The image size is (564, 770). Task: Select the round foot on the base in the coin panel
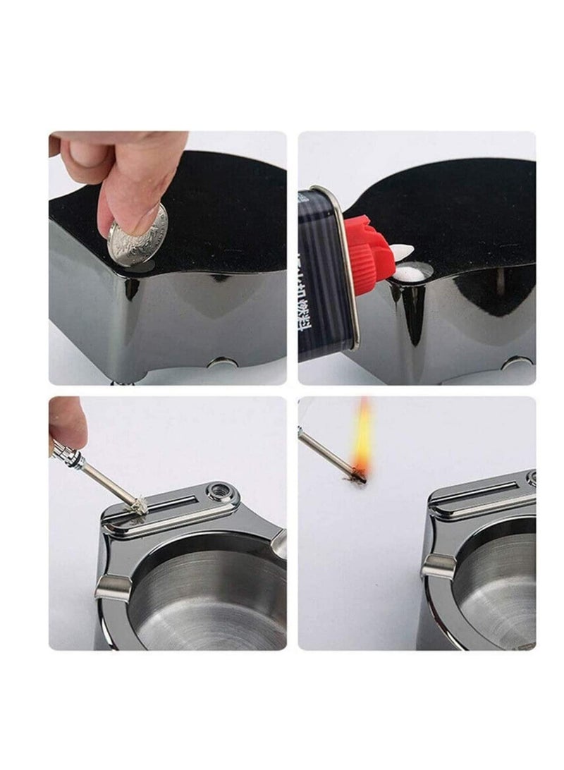point(223,363)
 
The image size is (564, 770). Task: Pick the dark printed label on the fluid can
point(321,282)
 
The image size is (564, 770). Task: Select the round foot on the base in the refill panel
point(518,362)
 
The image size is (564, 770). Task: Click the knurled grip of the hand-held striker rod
point(67,451)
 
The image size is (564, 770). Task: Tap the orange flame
point(362,437)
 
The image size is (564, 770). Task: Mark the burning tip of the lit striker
point(359,477)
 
